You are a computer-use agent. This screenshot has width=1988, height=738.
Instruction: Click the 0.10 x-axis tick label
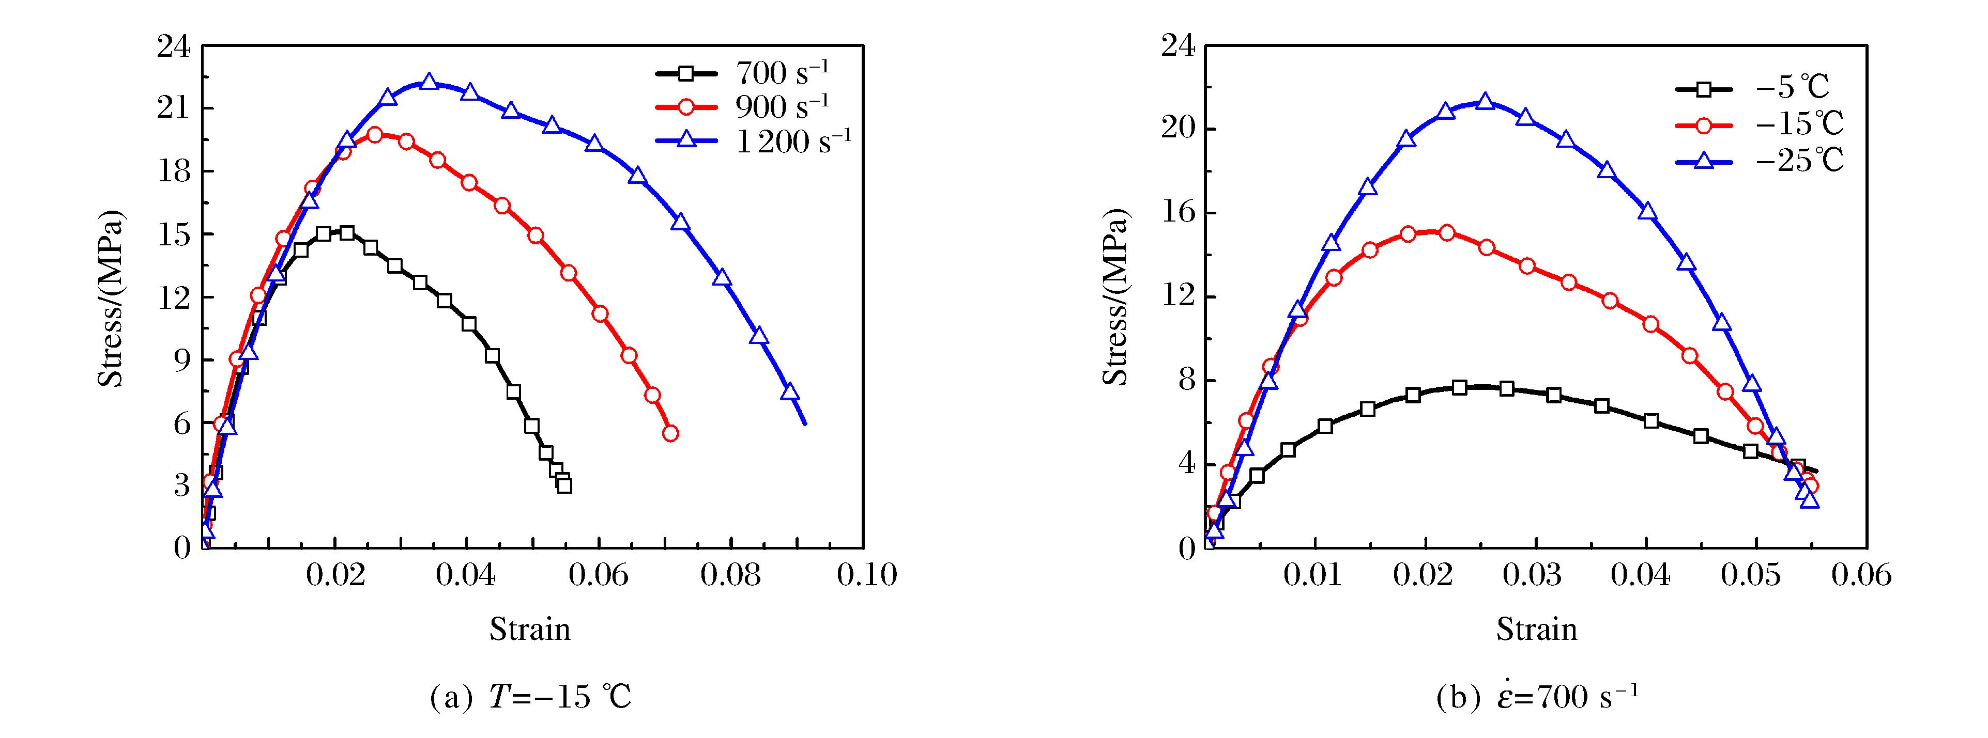tap(867, 574)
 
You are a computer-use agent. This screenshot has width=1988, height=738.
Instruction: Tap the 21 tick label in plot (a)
tap(174, 108)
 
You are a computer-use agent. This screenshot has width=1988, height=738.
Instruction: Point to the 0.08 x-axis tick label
tap(730, 574)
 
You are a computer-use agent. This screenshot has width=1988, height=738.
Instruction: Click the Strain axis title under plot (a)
tap(529, 629)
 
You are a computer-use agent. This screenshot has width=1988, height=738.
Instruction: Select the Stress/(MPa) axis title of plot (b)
tap(1115, 297)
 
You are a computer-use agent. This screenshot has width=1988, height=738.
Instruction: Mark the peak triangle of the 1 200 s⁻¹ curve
tap(429, 82)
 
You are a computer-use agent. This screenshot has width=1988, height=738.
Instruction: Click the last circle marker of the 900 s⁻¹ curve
tap(670, 433)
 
